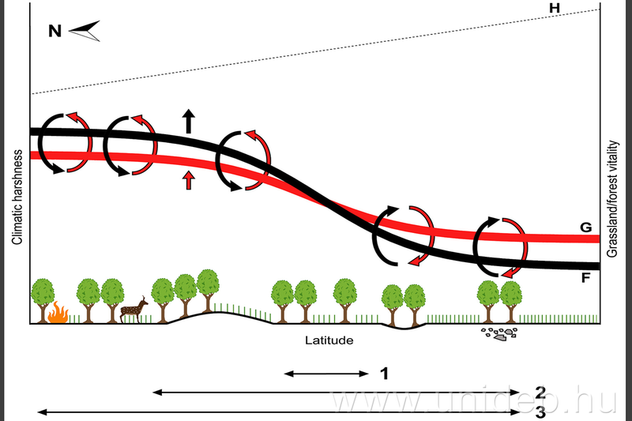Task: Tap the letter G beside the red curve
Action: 585,227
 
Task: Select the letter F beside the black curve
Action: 585,278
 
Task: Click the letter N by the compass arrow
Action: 55,32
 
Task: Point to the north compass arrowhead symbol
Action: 85,32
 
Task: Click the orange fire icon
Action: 57,314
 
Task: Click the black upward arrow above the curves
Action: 188,120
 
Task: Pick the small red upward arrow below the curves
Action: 188,179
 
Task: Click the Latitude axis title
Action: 329,341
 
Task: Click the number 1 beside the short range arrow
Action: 385,373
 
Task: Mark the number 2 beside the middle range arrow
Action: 540,392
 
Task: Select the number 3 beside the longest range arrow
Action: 540,412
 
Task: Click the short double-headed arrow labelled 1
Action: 326,373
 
